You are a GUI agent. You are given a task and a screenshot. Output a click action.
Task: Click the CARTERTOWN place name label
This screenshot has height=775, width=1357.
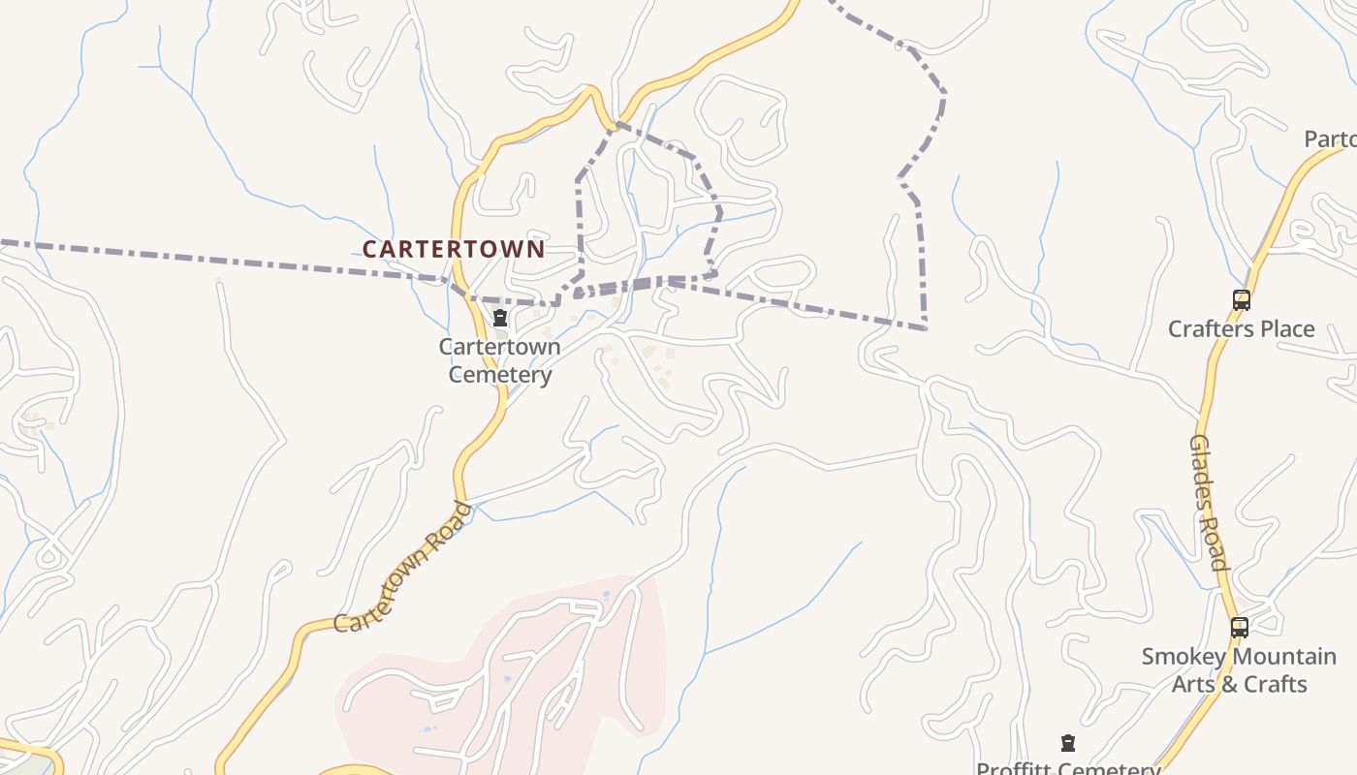453,249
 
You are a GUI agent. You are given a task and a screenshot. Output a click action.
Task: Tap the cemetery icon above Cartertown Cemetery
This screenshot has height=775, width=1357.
500,318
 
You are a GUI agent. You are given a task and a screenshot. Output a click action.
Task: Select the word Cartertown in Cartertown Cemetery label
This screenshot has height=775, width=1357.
499,347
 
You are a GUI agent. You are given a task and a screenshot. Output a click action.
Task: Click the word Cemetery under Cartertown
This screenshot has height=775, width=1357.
499,375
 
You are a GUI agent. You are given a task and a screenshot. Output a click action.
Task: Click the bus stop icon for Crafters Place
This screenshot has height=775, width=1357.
1242,300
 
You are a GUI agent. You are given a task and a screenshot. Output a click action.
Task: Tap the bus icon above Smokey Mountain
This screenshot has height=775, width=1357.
1240,628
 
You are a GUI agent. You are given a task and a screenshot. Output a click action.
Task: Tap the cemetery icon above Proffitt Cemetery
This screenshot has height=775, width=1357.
1068,744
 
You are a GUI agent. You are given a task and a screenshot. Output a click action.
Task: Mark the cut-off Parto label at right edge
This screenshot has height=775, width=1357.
1330,139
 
